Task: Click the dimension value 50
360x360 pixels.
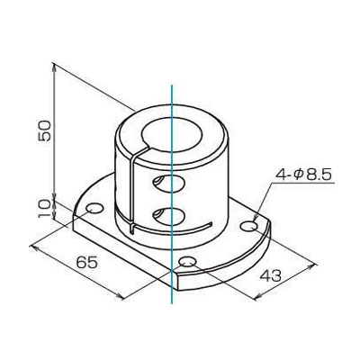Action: (x=44, y=130)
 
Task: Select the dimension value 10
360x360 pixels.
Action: (x=44, y=209)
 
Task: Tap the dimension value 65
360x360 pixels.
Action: (x=87, y=263)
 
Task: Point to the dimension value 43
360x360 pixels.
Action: (x=270, y=275)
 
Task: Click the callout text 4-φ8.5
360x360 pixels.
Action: (x=304, y=175)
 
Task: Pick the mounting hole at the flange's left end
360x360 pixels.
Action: (x=94, y=209)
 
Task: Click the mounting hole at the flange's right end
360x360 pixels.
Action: (x=249, y=227)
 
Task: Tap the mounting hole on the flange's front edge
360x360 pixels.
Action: (x=187, y=262)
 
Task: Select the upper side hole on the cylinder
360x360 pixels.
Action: (x=169, y=183)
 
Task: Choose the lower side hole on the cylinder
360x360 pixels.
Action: (x=169, y=215)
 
